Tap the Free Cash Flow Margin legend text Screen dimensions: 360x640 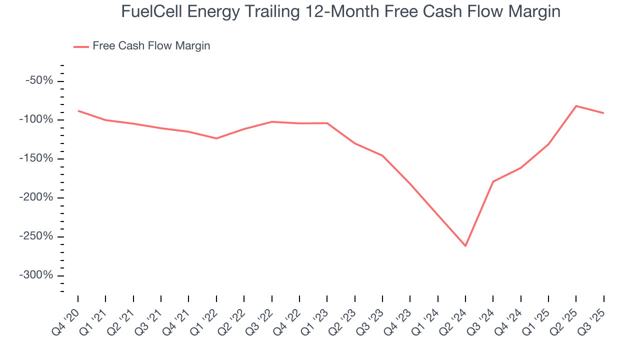tap(151, 46)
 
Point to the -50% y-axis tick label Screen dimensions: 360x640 tap(39, 81)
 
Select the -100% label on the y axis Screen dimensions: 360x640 tap(36, 120)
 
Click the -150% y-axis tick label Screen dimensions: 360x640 tap(36, 159)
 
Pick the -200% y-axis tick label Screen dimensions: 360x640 tap(36, 197)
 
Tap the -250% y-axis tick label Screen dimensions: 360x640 tap(36, 236)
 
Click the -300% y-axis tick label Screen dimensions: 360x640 tap(36, 275)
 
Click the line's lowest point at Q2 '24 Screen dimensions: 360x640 tap(465, 246)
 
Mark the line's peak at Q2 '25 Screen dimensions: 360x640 tap(576, 106)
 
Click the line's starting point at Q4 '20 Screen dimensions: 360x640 tap(78, 110)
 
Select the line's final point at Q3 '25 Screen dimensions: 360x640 tap(603, 113)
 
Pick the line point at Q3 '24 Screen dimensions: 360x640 tap(493, 181)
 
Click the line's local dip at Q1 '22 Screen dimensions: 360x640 tap(216, 138)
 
